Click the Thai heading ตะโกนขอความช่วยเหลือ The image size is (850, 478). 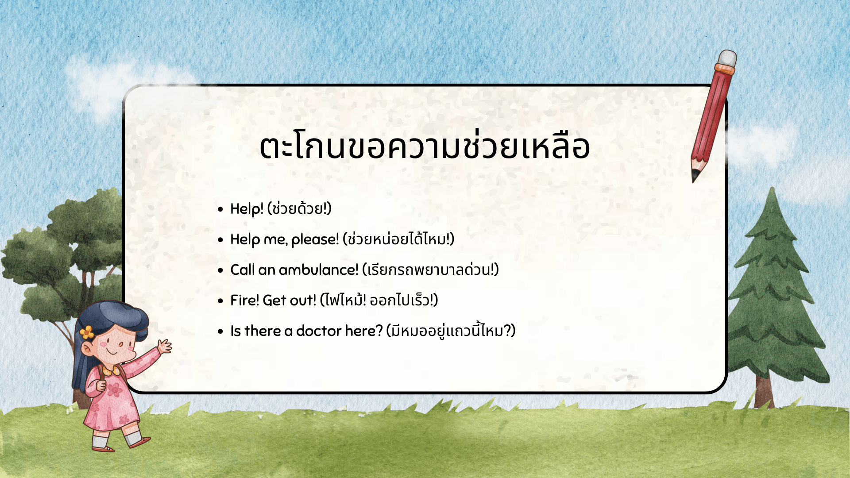tap(424, 146)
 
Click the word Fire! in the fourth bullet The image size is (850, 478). tap(244, 300)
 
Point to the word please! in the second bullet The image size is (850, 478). tap(315, 239)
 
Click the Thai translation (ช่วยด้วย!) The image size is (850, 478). tap(299, 208)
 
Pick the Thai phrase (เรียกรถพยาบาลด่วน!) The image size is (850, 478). tap(430, 270)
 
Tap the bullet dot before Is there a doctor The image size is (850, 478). tap(220, 332)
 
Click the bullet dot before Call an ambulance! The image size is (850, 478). tap(220, 270)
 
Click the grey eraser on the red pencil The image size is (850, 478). tap(727, 58)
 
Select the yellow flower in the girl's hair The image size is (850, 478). tap(87, 332)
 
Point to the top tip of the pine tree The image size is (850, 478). tap(772, 189)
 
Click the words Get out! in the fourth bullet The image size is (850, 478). tap(290, 300)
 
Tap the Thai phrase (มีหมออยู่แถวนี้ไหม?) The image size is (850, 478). tap(451, 331)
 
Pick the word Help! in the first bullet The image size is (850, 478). tap(247, 208)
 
